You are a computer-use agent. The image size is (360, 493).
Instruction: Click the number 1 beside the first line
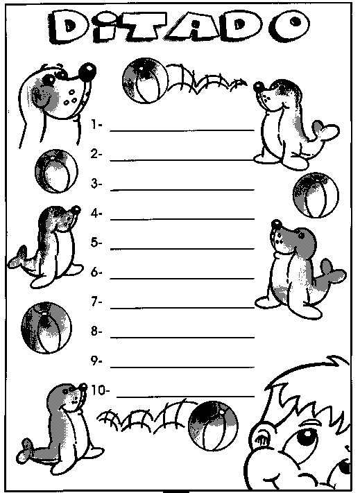(95, 124)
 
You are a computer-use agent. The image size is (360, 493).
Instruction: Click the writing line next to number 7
(182, 308)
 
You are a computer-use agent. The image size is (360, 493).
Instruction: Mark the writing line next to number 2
(182, 160)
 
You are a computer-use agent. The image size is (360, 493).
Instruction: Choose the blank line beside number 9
(182, 367)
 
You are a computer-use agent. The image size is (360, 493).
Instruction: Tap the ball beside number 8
(46, 327)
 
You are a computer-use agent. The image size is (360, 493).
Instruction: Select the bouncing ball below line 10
(213, 426)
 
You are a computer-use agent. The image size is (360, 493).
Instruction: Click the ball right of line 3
(316, 195)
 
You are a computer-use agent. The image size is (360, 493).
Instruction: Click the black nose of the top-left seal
(87, 71)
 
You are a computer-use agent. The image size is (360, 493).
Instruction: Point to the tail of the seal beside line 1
(326, 132)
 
